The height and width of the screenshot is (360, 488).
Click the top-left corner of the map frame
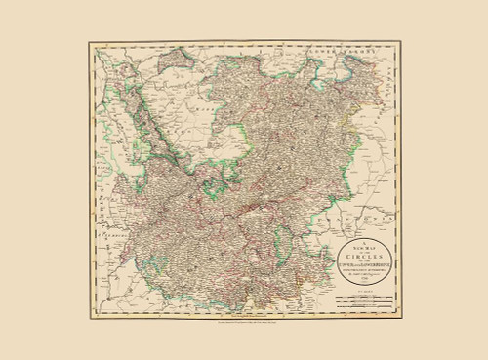click(x=90, y=42)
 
